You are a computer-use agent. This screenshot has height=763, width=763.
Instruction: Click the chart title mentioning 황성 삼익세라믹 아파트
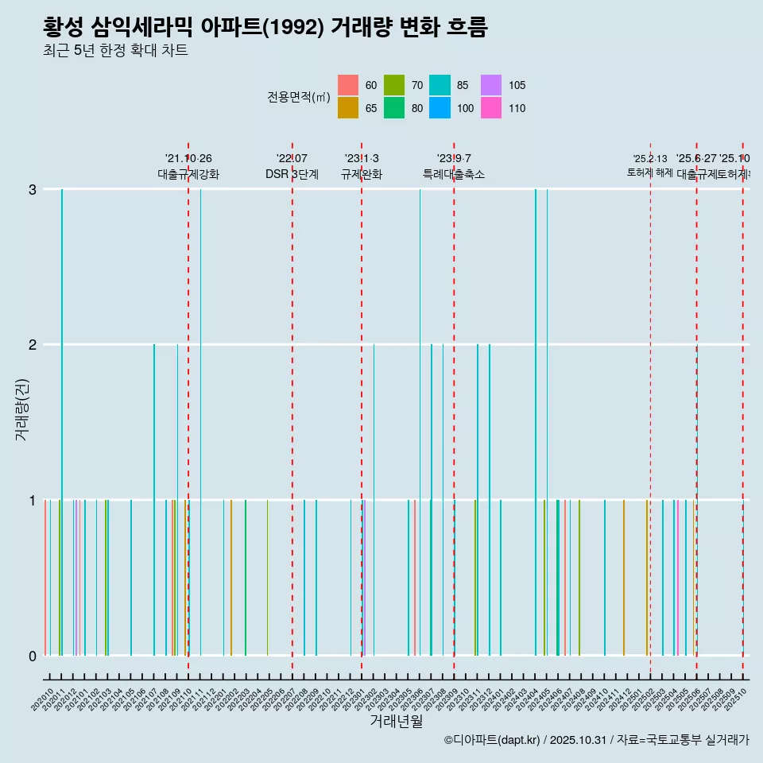tap(265, 27)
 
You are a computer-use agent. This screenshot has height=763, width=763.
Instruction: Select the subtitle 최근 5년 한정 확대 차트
tap(115, 52)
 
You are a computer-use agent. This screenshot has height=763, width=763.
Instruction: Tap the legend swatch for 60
tap(347, 85)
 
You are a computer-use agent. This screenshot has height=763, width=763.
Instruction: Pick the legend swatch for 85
tap(440, 85)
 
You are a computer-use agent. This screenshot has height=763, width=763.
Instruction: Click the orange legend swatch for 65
tap(347, 108)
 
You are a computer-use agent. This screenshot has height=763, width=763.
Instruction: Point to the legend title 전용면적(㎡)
tap(298, 97)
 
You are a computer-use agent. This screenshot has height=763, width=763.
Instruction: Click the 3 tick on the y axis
tap(32, 189)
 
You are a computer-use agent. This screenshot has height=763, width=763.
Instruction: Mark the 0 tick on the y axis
tap(32, 656)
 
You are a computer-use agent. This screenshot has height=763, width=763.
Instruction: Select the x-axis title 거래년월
tap(396, 721)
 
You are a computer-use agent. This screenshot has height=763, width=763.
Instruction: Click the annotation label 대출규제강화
tap(188, 174)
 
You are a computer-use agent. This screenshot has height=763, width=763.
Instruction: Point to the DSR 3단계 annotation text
tap(292, 174)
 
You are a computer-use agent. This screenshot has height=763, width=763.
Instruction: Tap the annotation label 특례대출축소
tap(454, 174)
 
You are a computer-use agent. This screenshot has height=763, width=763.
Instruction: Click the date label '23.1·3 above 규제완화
tap(362, 159)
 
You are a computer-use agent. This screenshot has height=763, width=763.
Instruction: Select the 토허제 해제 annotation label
tap(650, 172)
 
